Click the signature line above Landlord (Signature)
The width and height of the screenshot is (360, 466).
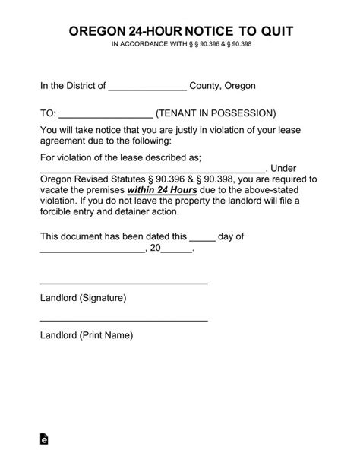(x=124, y=283)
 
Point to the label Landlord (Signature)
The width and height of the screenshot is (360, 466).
(x=83, y=297)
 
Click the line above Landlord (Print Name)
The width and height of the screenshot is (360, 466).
(x=124, y=320)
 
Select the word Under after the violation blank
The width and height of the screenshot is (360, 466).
(x=288, y=168)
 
